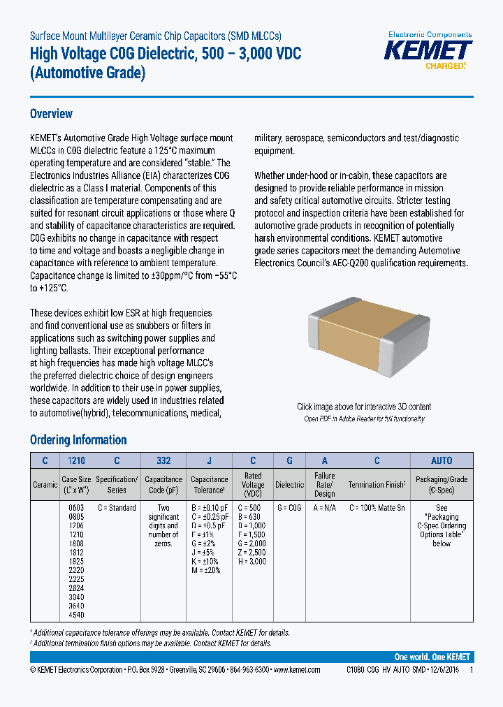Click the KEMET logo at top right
coord(430,51)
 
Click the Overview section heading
coord(51,114)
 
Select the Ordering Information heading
coord(78,439)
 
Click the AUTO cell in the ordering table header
coord(442,460)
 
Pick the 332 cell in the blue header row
coord(163,460)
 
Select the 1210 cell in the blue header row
coord(76,460)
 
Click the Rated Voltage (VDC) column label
coord(253,484)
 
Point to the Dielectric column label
coord(289,484)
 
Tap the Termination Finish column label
coord(377,484)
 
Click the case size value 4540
coord(76,616)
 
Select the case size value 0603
coord(76,508)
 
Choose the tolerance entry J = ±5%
coord(208,553)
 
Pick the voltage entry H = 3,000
coord(253,562)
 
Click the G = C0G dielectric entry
coord(289,508)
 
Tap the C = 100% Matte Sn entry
coord(377,508)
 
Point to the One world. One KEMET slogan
coord(432,657)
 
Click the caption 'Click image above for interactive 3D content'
coord(364,407)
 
